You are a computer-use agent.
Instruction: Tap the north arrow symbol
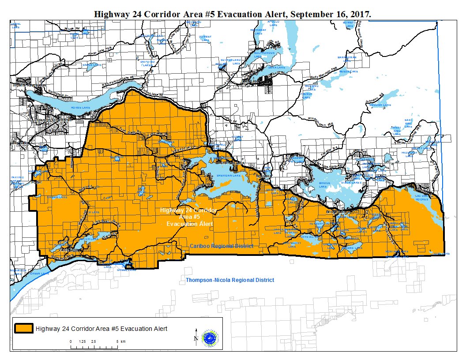(x=196, y=336)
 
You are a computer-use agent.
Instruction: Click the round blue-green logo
(x=209, y=337)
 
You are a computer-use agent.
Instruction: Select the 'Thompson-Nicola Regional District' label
(x=229, y=280)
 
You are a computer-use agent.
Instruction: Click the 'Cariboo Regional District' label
(x=221, y=246)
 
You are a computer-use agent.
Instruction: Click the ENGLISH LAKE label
(x=380, y=105)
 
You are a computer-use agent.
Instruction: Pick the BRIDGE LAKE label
(x=324, y=183)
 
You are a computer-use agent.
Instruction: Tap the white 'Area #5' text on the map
(x=188, y=217)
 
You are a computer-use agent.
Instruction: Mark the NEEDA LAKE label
(x=345, y=71)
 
